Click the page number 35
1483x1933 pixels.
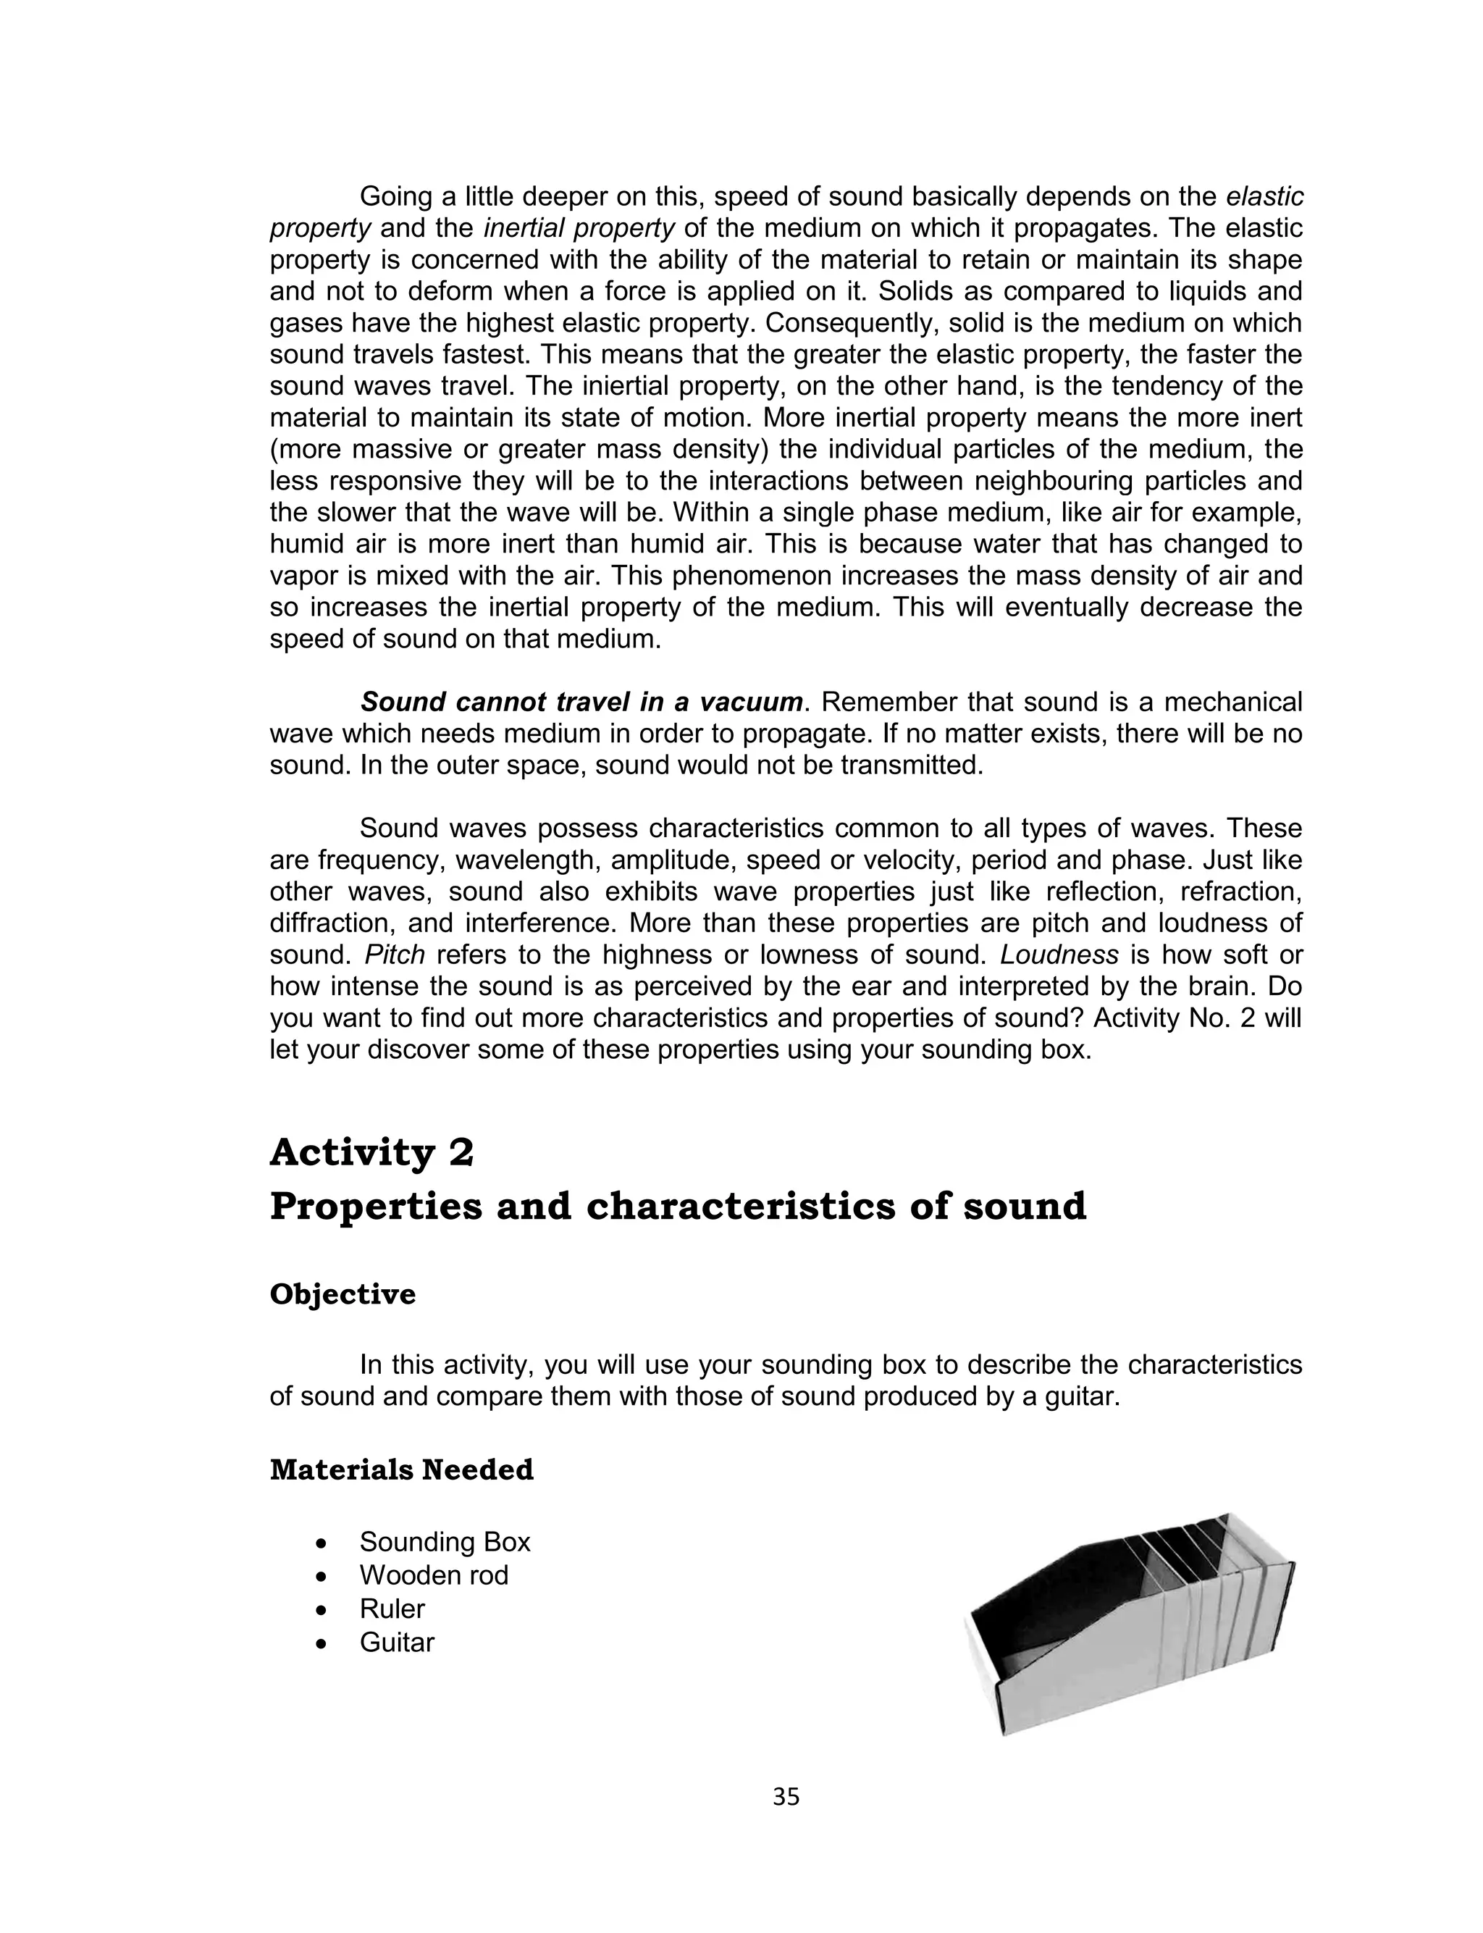[x=786, y=1797]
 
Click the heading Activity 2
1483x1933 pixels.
[x=371, y=1152]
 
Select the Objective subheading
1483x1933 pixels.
[x=343, y=1294]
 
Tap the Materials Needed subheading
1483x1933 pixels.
[x=402, y=1470]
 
